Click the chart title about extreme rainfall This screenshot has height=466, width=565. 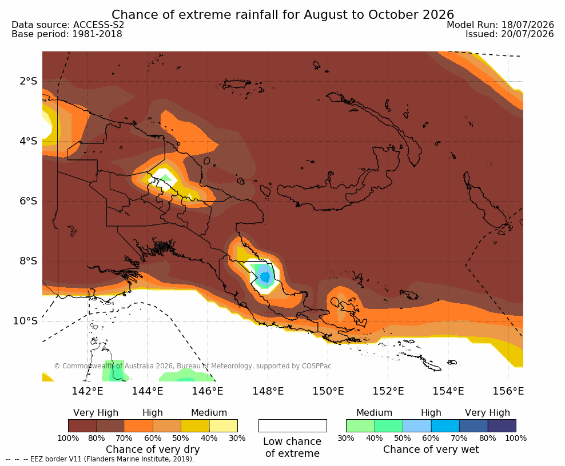coord(282,15)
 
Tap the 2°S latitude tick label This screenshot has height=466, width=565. coord(29,81)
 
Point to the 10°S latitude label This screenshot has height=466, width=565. coord(25,321)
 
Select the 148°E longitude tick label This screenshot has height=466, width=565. coord(268,391)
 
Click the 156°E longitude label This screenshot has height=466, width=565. coord(508,391)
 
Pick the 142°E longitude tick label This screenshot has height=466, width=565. coord(87,391)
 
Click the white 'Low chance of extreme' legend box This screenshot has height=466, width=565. coord(293,425)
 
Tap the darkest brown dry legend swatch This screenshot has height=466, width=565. coord(82,425)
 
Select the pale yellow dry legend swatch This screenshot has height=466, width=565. coord(224,425)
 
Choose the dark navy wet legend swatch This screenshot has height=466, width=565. coord(502,425)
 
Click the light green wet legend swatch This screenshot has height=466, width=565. coord(360,425)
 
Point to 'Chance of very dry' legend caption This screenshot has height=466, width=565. coord(153,449)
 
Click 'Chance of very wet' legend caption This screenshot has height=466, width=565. coord(431,449)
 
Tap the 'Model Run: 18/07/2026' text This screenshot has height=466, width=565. coord(500,25)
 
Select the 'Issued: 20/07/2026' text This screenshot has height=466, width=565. coord(510,34)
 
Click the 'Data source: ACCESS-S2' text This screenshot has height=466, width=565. coord(67,25)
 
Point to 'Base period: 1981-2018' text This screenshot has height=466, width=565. coord(67,34)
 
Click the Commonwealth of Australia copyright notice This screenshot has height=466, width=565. coord(192,366)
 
